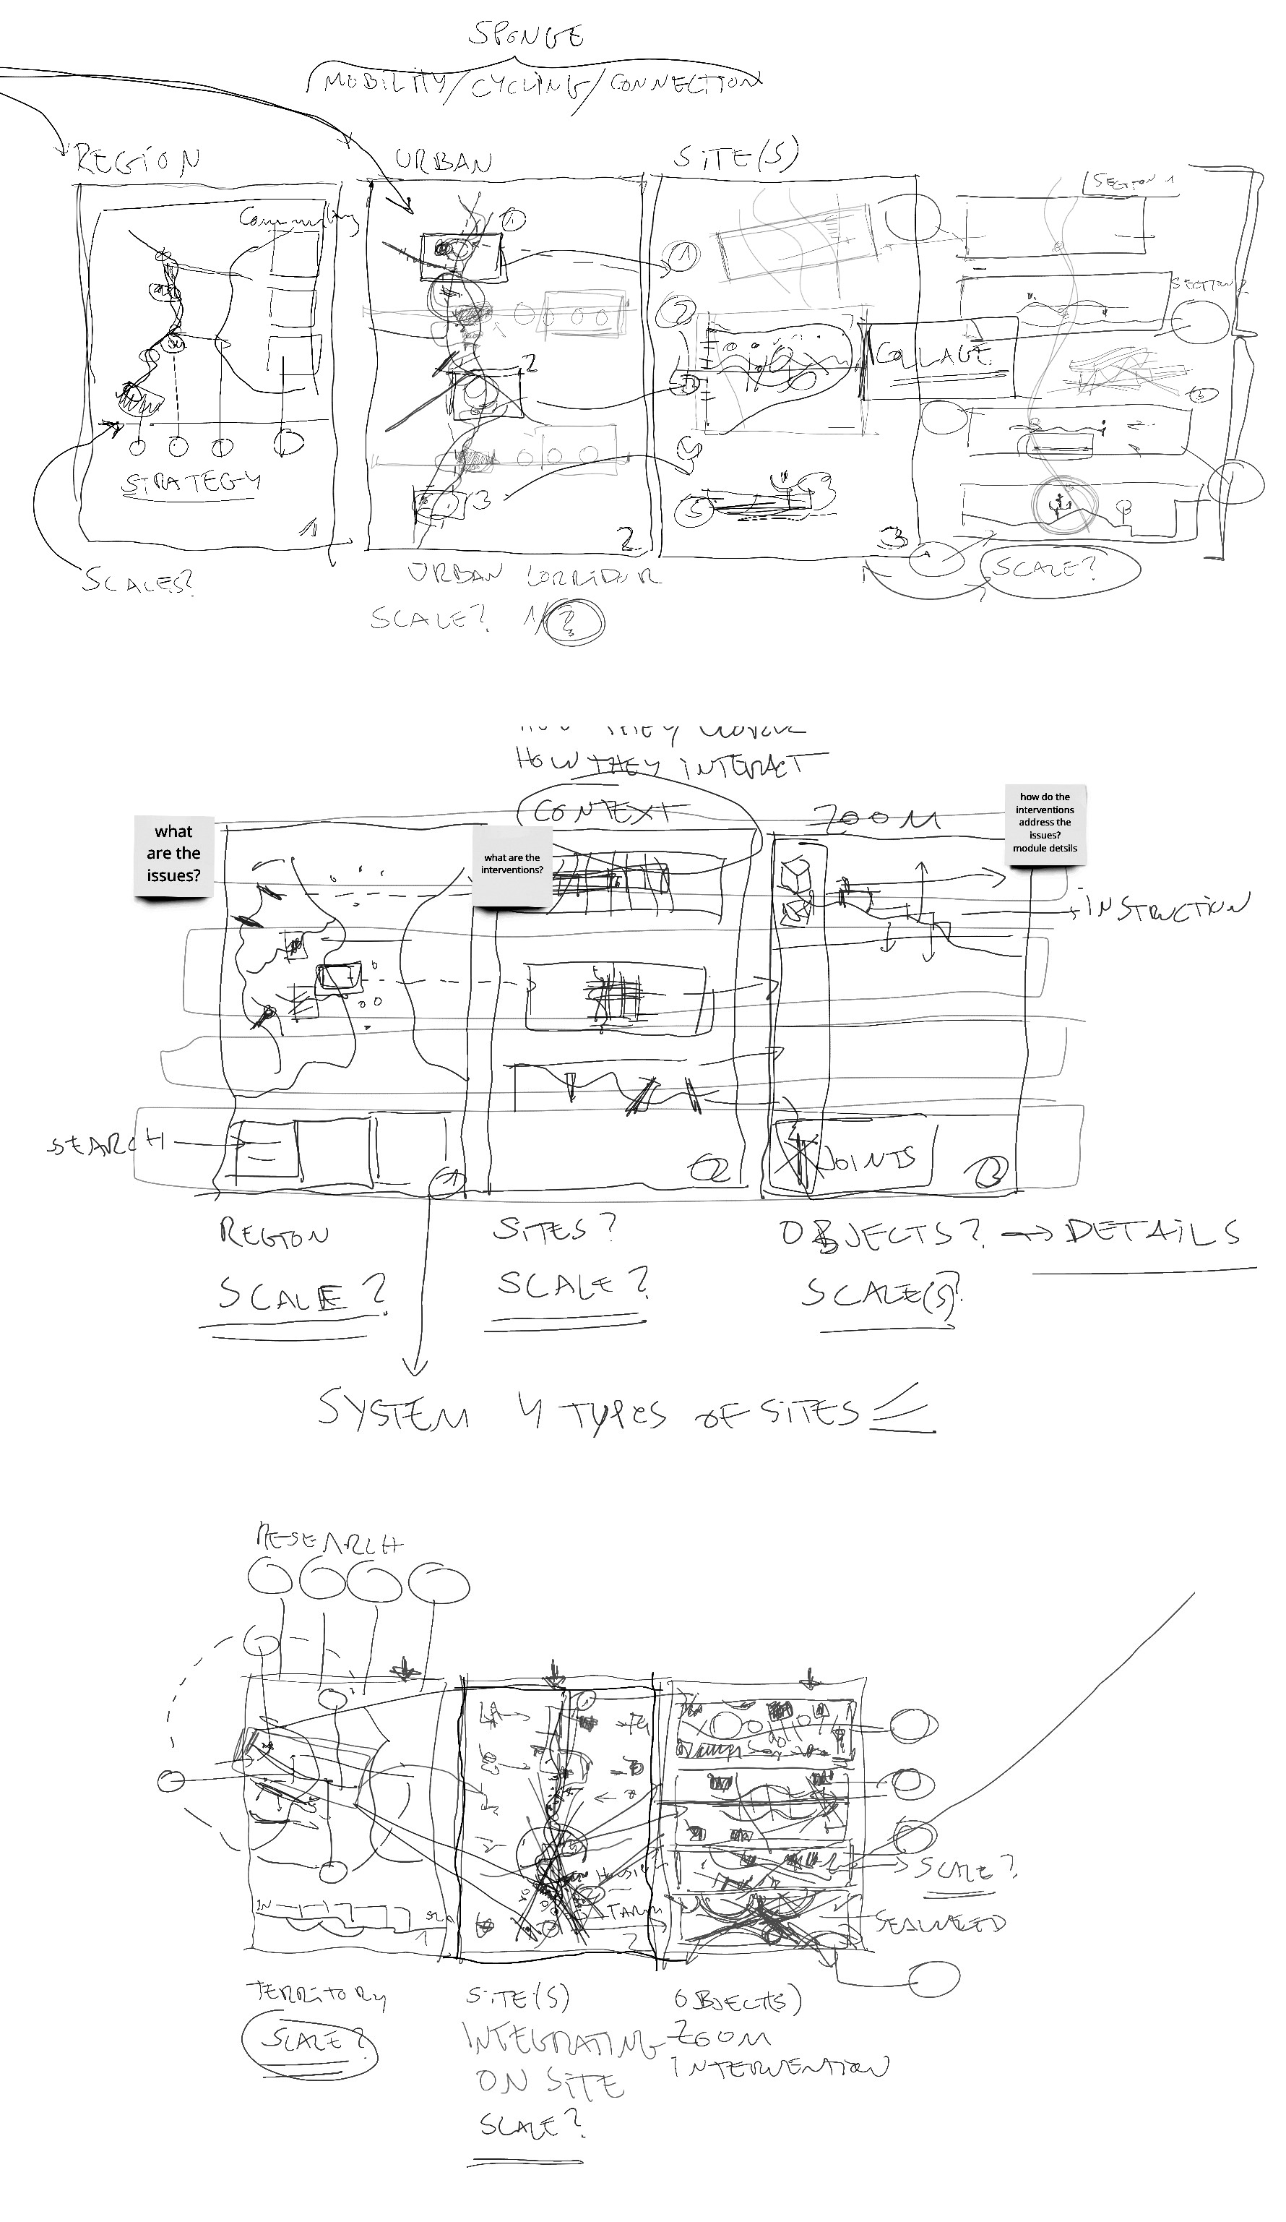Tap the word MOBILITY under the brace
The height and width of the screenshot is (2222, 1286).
pos(385,83)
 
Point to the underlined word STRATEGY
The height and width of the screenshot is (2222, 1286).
pos(191,483)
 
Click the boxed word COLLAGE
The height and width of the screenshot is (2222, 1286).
pos(934,356)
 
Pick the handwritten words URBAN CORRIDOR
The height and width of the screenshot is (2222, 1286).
pos(533,576)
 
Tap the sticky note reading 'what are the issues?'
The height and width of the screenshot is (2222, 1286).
pos(173,854)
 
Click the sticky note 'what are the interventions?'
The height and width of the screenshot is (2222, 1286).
pos(512,864)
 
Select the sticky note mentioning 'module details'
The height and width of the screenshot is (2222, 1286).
pos(1045,823)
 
